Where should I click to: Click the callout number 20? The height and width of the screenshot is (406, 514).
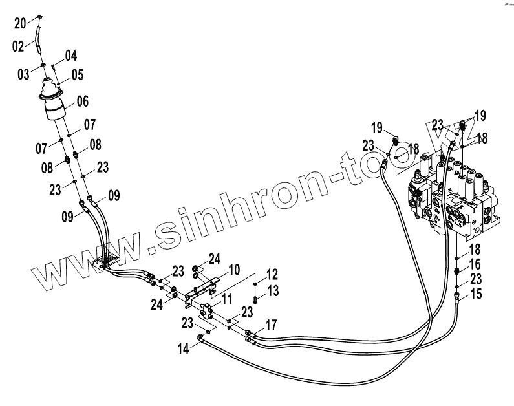20,23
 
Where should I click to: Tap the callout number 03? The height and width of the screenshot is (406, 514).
24,75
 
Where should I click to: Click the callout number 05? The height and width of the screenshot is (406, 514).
78,75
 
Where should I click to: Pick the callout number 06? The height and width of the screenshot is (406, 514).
82,101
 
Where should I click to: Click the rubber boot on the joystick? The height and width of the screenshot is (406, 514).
52,89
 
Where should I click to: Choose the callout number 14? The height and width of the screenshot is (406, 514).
184,349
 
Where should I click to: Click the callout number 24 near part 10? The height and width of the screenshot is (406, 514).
215,260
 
